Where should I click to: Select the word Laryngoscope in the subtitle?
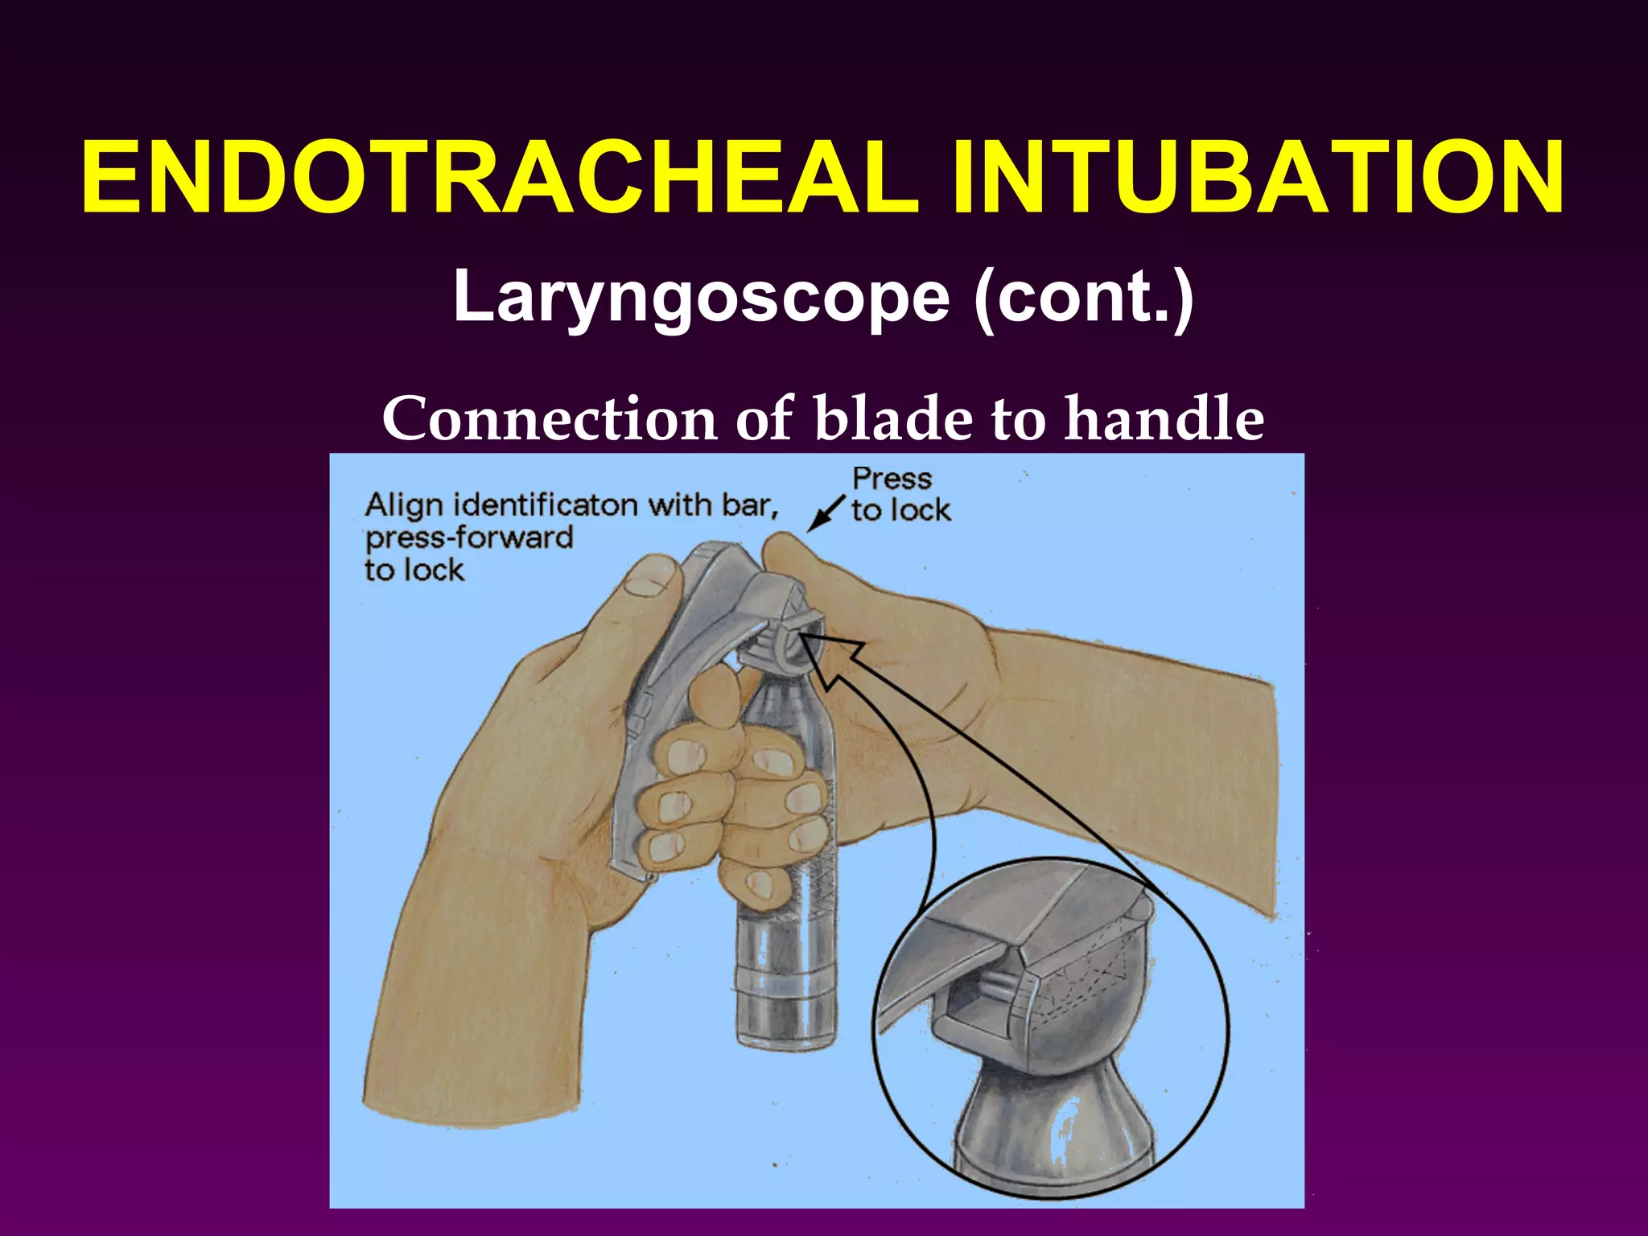(700, 298)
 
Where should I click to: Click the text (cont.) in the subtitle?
(1083, 298)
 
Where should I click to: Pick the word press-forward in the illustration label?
(469, 538)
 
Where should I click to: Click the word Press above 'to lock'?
(892, 479)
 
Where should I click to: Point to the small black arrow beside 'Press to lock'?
(825, 515)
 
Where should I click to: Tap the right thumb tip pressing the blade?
(785, 555)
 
